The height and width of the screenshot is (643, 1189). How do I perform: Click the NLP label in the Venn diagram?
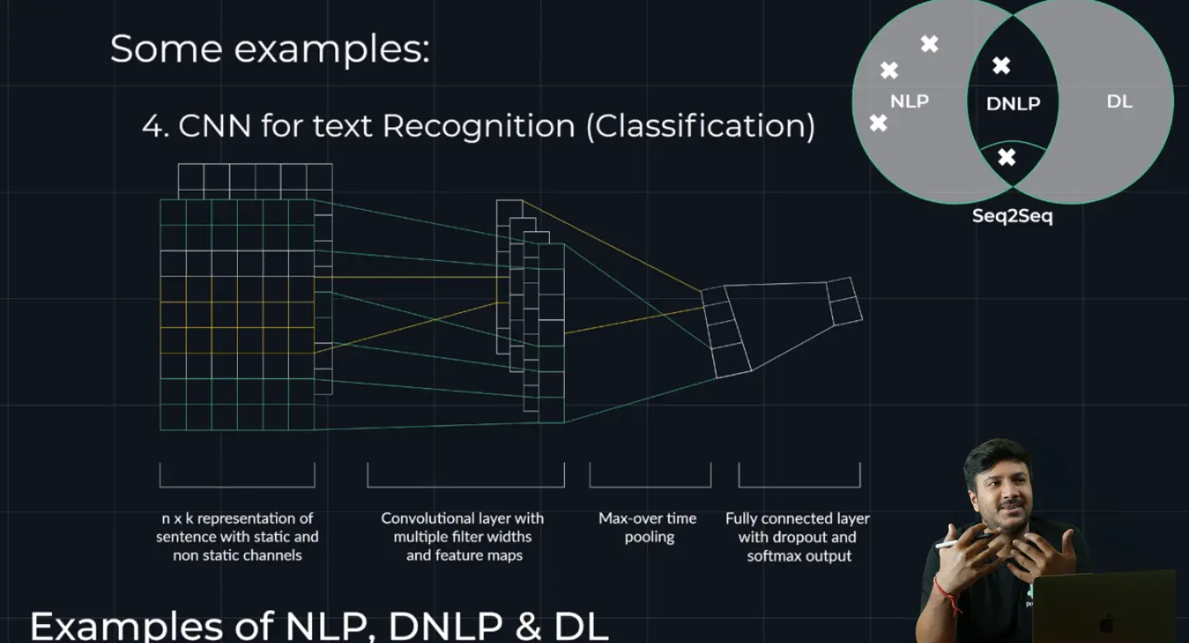(x=909, y=102)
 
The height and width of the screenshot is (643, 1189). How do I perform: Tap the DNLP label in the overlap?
(x=1012, y=104)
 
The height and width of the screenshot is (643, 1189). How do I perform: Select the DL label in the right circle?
(x=1119, y=102)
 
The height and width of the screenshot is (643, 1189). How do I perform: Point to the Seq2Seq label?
(x=1012, y=216)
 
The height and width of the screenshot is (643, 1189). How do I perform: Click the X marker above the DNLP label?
(x=1001, y=65)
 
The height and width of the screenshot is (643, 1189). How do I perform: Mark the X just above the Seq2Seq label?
(x=1007, y=157)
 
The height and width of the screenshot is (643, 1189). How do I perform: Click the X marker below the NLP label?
(x=879, y=123)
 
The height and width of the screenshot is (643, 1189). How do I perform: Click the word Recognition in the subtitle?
(x=478, y=126)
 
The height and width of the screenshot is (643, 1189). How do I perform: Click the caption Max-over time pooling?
(x=648, y=527)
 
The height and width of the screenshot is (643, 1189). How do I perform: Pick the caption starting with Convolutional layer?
(x=463, y=537)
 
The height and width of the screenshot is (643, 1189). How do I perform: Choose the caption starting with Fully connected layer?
(x=798, y=537)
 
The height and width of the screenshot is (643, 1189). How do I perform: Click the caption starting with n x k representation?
(x=237, y=537)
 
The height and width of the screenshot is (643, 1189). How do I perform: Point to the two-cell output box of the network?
(x=844, y=301)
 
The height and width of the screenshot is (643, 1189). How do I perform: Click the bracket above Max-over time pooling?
(x=650, y=475)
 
